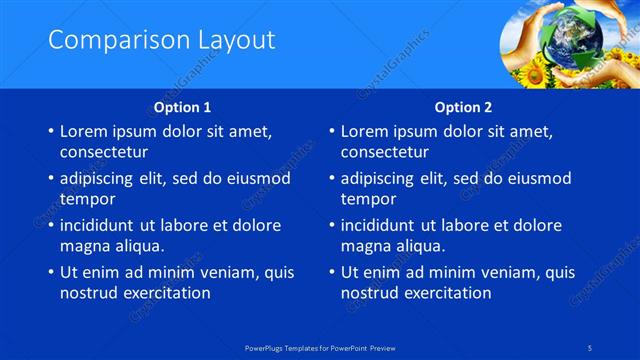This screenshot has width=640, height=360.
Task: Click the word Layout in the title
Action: point(231,41)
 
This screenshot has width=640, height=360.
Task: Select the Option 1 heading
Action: point(182,107)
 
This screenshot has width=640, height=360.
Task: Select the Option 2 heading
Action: point(463,107)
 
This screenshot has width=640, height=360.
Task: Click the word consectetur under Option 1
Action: point(104,153)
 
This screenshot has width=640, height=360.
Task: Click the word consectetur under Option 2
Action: point(385,153)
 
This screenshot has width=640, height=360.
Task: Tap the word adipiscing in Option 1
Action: point(100,178)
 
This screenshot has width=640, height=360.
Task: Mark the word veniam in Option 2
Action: point(489,272)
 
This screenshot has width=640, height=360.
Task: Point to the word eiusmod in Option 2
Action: point(537,178)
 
